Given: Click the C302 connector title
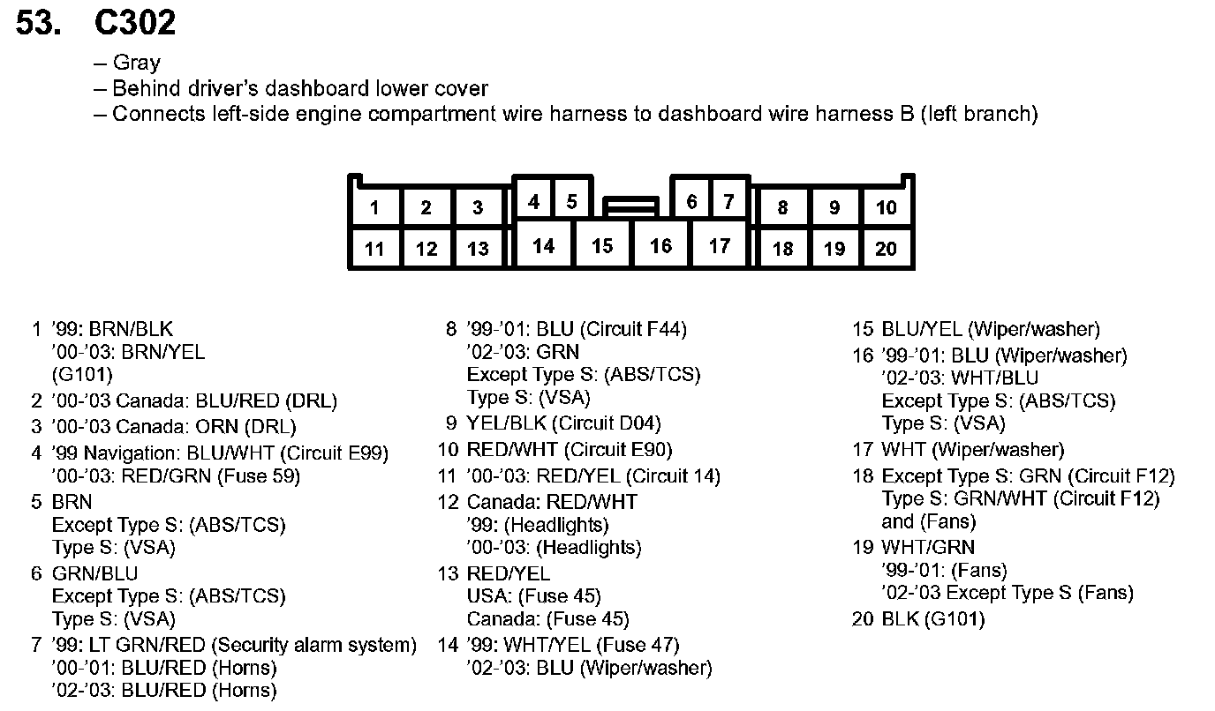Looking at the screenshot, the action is coord(134,23).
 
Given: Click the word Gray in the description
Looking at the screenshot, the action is coord(137,63).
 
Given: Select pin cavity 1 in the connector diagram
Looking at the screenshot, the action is coord(374,208).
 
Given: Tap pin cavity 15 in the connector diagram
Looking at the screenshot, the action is coord(602,245).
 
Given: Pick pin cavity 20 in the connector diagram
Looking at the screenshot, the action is coord(886,249).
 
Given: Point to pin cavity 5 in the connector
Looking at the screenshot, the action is coord(571,202).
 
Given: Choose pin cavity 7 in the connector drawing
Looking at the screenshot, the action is coord(728,202).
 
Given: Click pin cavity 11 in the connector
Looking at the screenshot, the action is coord(374,249).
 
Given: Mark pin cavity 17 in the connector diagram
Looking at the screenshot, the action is coord(720,245).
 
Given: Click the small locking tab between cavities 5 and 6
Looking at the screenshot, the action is coord(630,207).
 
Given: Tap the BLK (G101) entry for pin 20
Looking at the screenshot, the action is coord(932,618).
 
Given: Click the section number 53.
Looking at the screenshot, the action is coord(39,23).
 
